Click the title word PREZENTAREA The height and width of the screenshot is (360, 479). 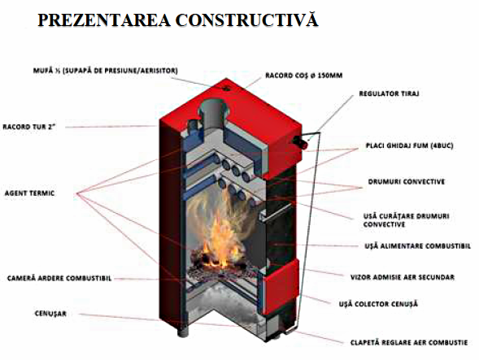[104, 20]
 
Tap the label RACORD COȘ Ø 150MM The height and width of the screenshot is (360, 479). [303, 76]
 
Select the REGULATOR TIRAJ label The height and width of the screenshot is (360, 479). [389, 93]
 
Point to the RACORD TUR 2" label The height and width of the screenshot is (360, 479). [29, 127]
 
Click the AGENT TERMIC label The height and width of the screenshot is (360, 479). [29, 193]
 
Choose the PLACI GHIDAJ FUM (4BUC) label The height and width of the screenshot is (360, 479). [409, 145]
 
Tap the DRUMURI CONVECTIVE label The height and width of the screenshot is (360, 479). [407, 182]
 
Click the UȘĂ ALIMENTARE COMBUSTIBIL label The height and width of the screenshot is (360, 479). [417, 246]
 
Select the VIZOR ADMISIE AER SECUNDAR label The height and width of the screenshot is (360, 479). [403, 278]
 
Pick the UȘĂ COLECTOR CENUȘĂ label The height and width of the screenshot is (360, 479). [378, 304]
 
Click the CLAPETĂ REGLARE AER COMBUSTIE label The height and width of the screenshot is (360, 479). [409, 343]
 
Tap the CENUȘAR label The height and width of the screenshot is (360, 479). [50, 314]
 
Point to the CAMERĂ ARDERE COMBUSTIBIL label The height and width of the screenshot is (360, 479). [59, 279]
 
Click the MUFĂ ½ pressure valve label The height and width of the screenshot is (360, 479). [106, 71]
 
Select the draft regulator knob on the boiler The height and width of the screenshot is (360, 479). [301, 142]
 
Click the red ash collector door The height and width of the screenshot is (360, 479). [281, 288]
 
